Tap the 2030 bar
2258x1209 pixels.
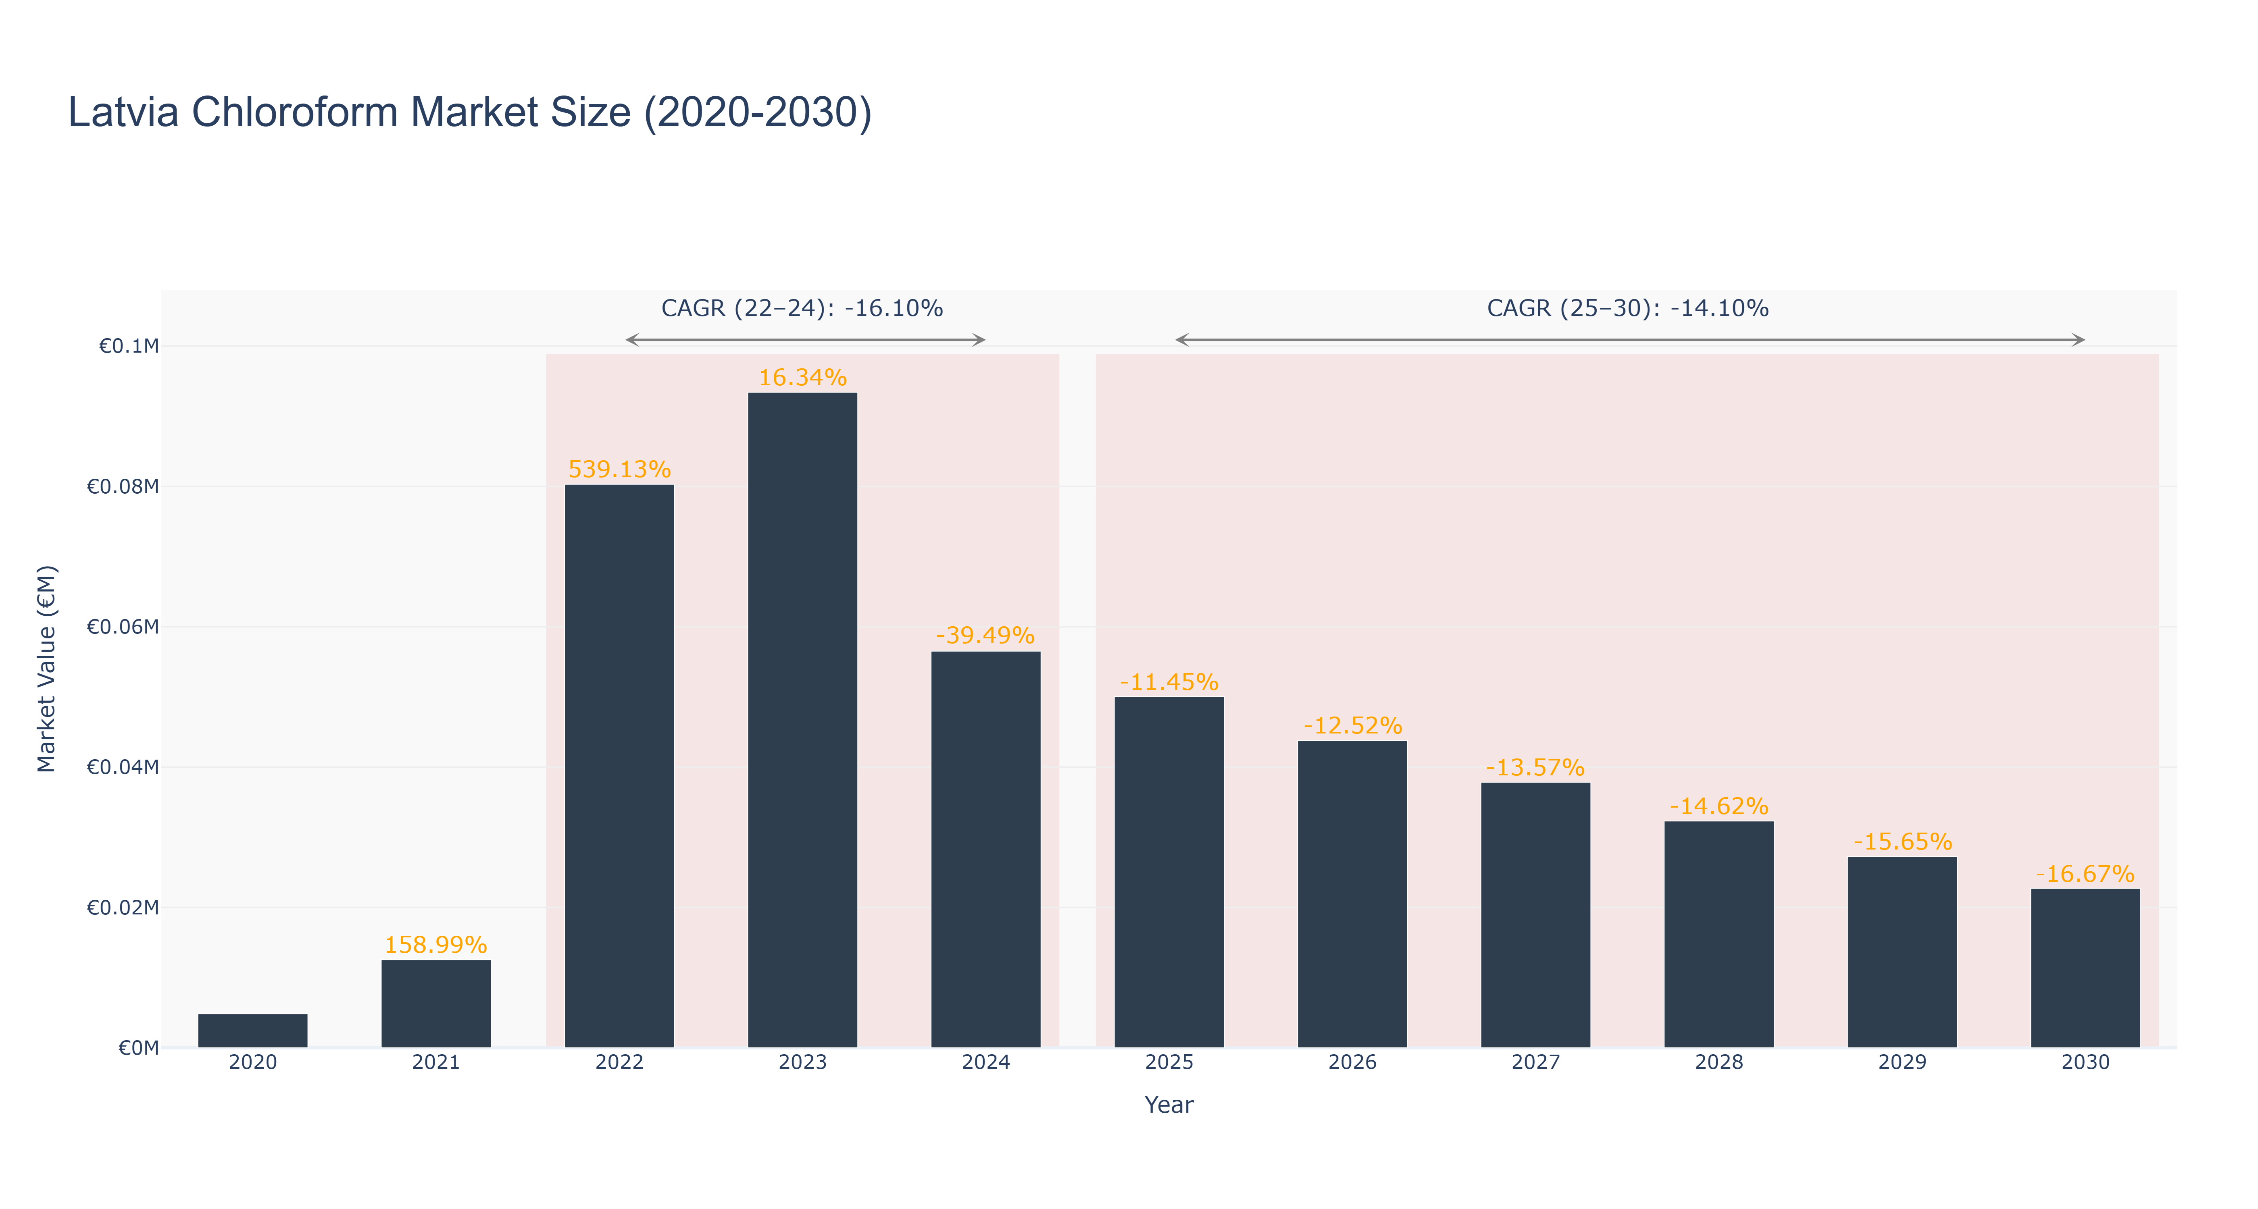pyautogui.click(x=2085, y=968)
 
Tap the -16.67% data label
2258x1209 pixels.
pyautogui.click(x=2085, y=875)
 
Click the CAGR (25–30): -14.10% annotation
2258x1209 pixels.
pyautogui.click(x=1628, y=308)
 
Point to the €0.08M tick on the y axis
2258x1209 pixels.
pyautogui.click(x=123, y=487)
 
